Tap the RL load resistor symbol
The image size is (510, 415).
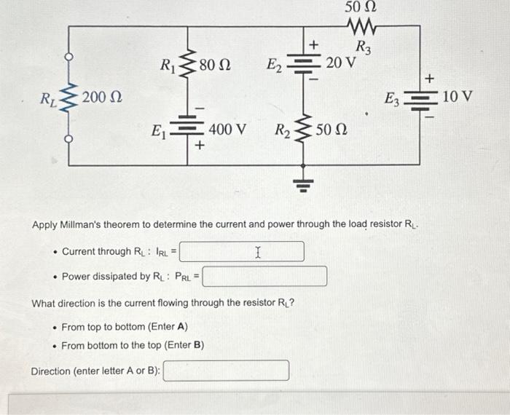coord(70,96)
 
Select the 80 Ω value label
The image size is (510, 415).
coord(215,66)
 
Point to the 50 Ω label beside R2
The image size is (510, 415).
coord(331,132)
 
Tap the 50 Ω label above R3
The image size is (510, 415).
coord(361,9)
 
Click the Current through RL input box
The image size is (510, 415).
coord(242,252)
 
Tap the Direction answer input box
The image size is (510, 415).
coord(226,371)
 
